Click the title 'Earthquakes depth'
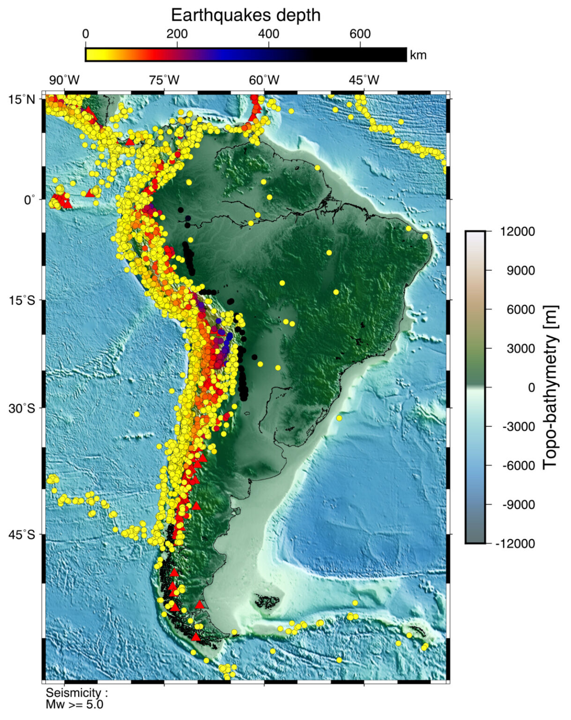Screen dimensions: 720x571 point(245,15)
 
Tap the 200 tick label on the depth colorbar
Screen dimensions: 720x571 point(177,34)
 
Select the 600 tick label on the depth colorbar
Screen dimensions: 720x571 point(360,34)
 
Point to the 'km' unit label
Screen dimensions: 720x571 point(418,55)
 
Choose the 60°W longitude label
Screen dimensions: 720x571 point(264,80)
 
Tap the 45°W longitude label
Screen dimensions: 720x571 point(364,80)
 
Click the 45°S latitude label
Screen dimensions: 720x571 point(22,534)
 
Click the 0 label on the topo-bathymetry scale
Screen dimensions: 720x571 point(531,388)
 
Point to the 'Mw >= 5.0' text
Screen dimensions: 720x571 point(74,705)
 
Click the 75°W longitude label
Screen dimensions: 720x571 point(164,80)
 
